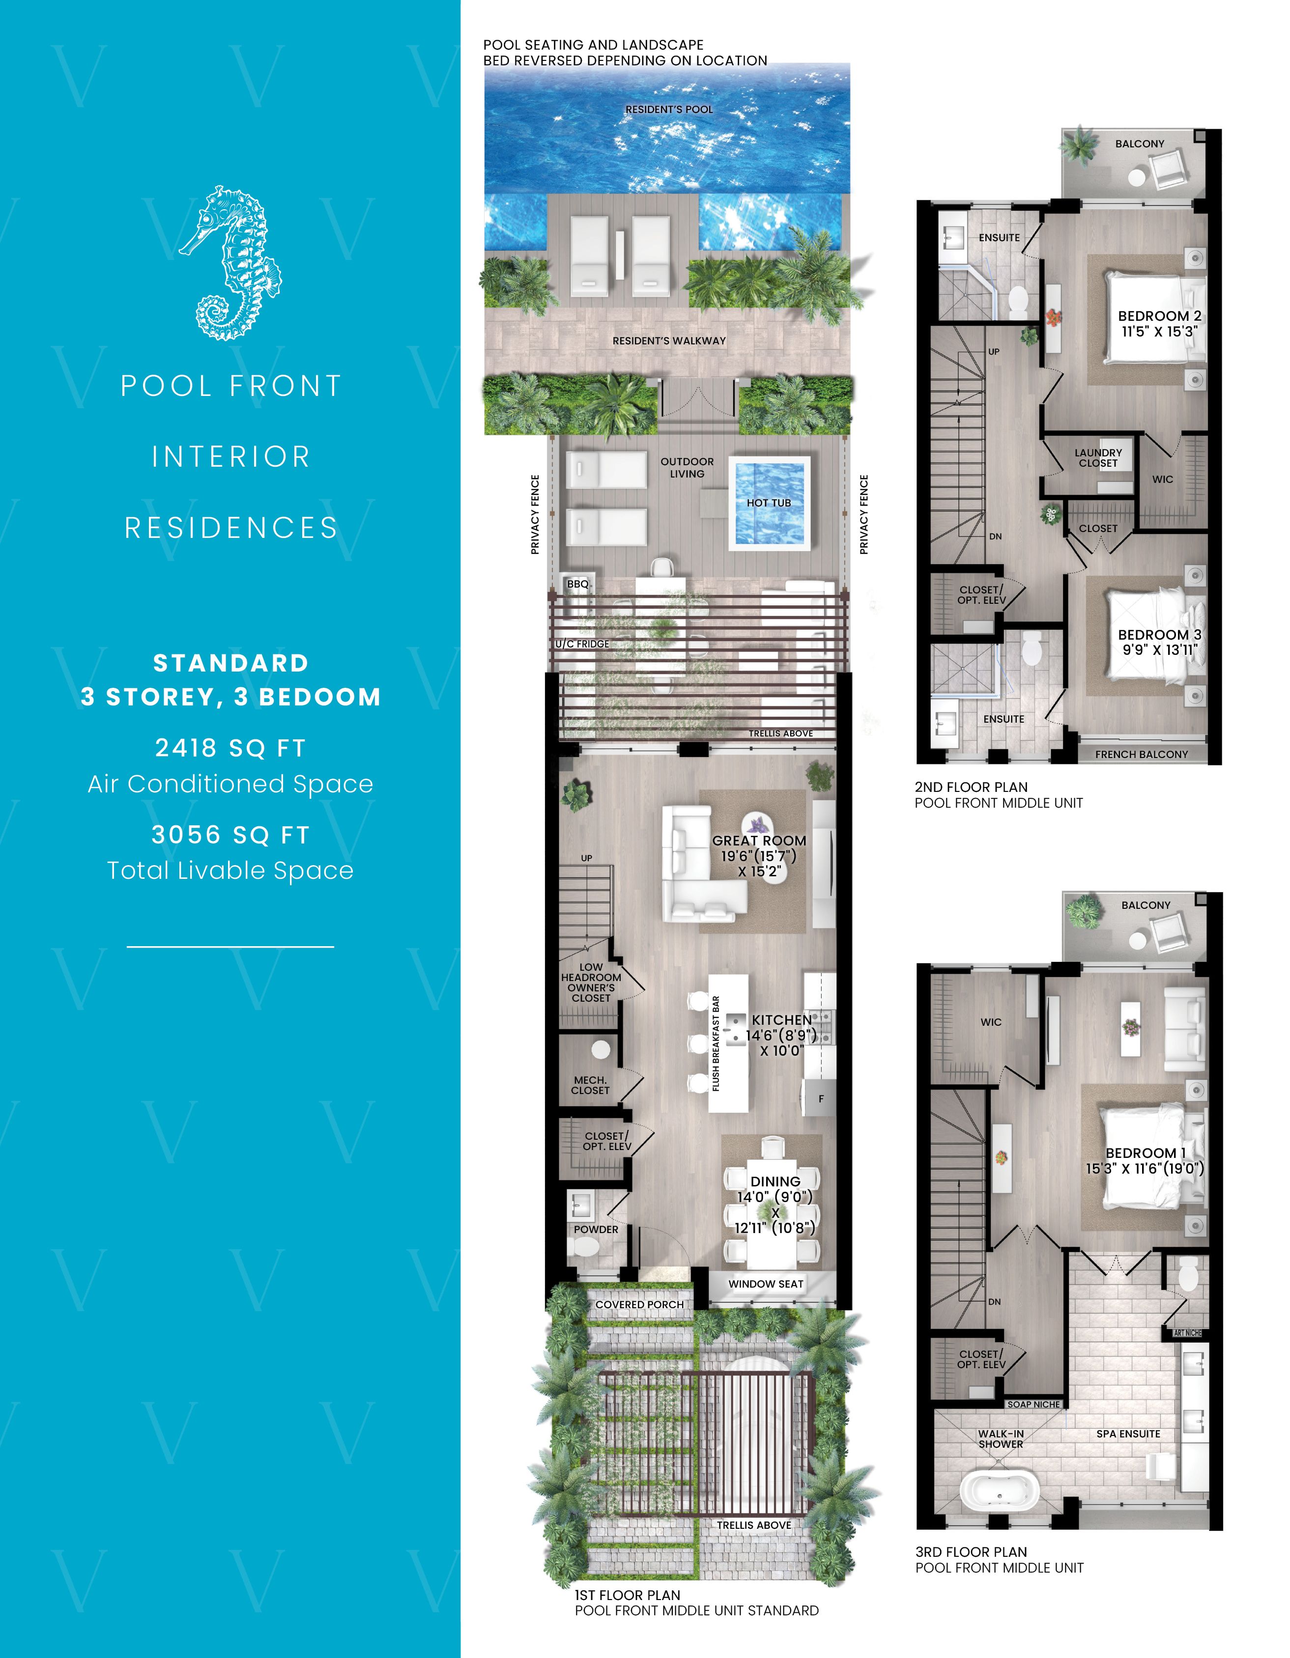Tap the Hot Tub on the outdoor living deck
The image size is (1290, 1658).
click(x=769, y=503)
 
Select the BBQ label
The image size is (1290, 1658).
click(x=578, y=584)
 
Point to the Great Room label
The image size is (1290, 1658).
click(x=758, y=841)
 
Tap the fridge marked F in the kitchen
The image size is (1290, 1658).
click(x=820, y=1098)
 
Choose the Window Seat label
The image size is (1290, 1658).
click(x=765, y=1284)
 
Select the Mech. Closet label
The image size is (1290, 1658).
click(x=590, y=1085)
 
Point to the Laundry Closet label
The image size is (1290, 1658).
click(x=1098, y=458)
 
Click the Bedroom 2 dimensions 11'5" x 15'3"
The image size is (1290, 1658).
click(x=1159, y=332)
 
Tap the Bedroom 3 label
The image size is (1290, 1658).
click(x=1159, y=635)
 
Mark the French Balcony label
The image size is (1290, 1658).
click(x=1141, y=754)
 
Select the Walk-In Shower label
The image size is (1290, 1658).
click(x=1001, y=1438)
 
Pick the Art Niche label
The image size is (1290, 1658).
click(x=1187, y=1333)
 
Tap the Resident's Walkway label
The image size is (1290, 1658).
click(x=669, y=341)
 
